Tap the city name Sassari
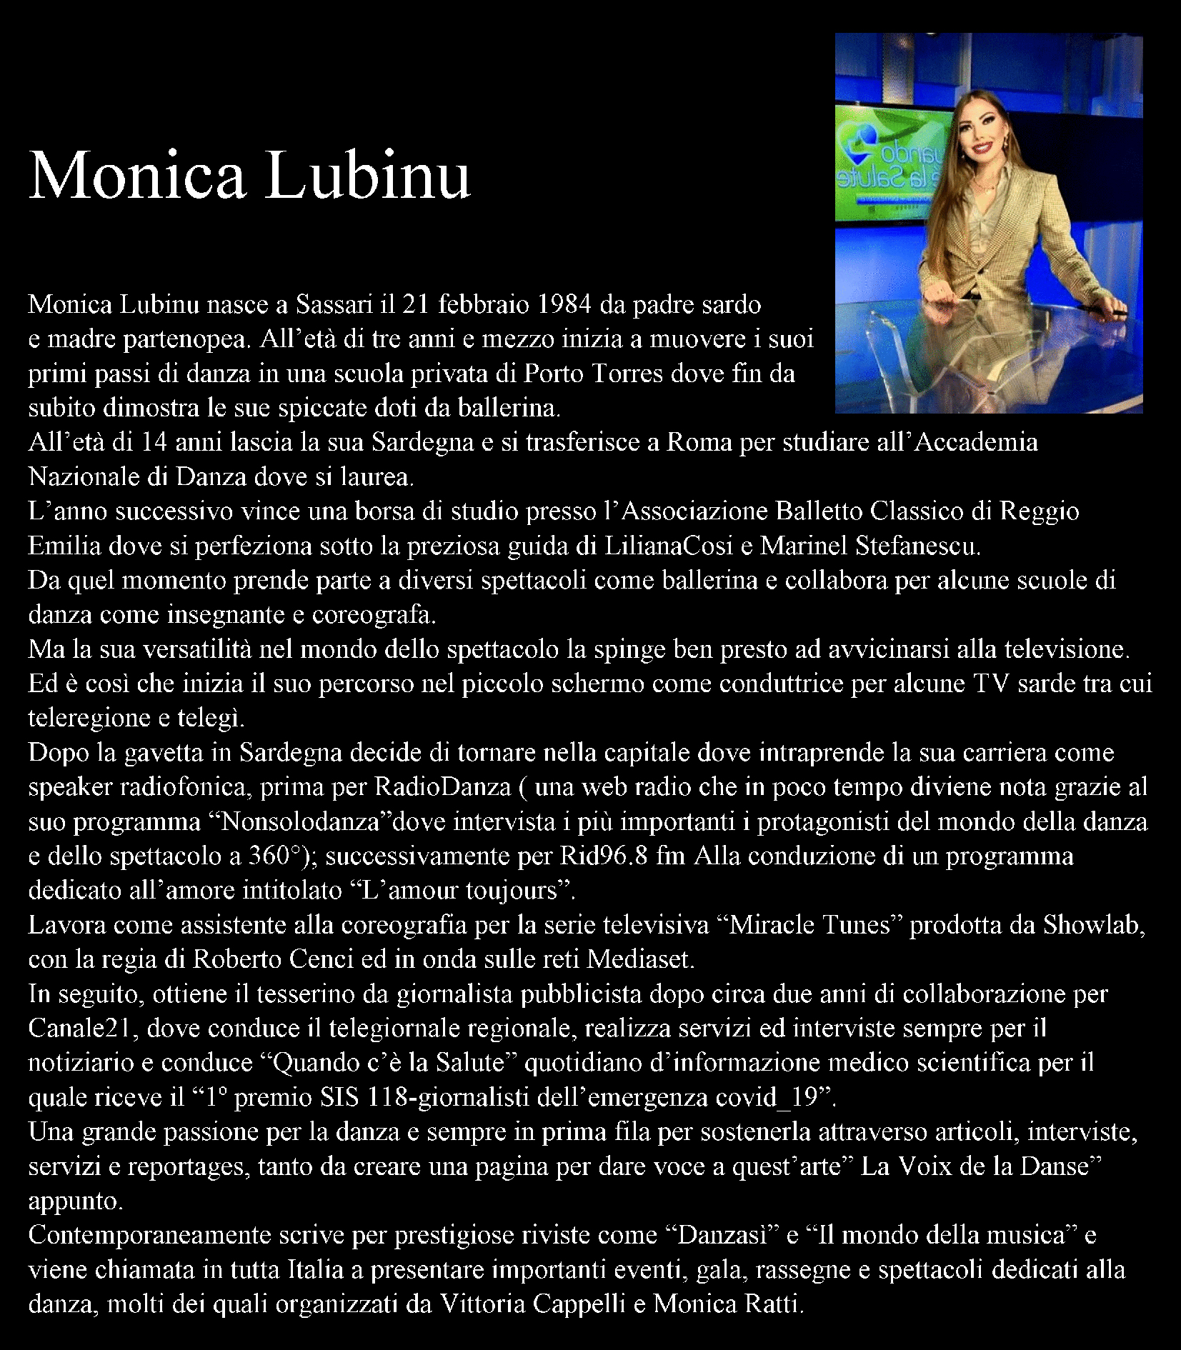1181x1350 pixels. tap(334, 305)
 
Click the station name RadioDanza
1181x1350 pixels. tap(443, 787)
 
